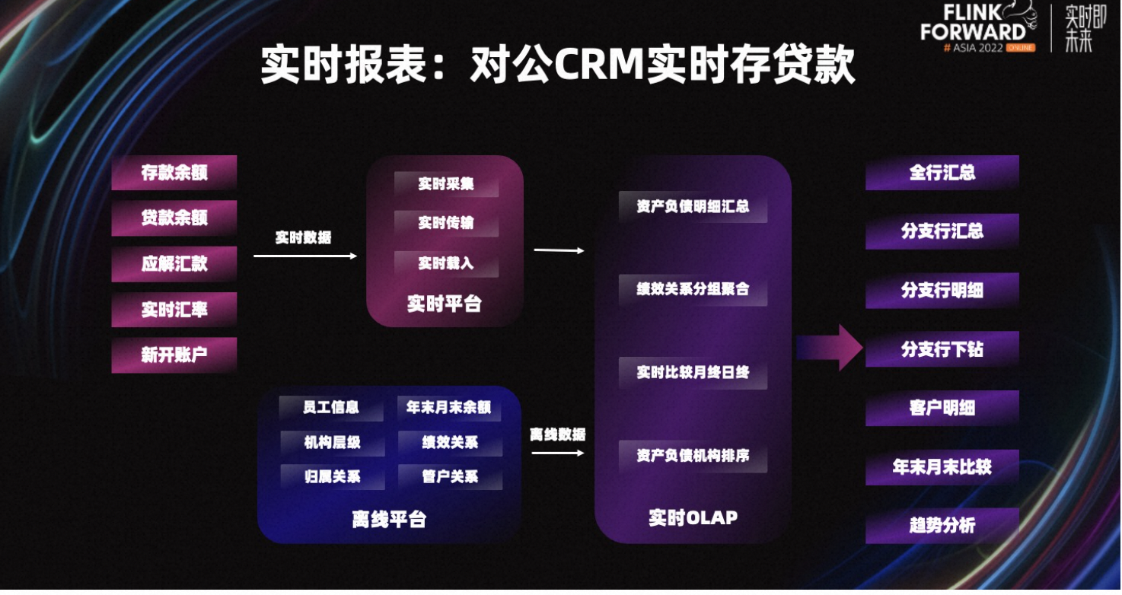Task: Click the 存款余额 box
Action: pyautogui.click(x=174, y=173)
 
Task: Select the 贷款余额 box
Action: pyautogui.click(x=174, y=218)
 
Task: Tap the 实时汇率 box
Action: pyautogui.click(x=174, y=310)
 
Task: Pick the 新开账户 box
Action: pyautogui.click(x=174, y=355)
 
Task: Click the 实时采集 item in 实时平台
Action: pyautogui.click(x=446, y=184)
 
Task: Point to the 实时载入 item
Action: pyautogui.click(x=446, y=263)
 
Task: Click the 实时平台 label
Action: pyautogui.click(x=445, y=304)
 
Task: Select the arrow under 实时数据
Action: pyautogui.click(x=305, y=256)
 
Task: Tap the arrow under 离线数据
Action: pyautogui.click(x=558, y=453)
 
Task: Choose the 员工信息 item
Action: pyautogui.click(x=331, y=408)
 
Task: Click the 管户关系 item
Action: pyautogui.click(x=450, y=477)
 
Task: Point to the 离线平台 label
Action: pyautogui.click(x=389, y=520)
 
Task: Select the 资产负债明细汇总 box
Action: pyautogui.click(x=693, y=206)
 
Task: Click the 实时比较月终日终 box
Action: pyautogui.click(x=693, y=373)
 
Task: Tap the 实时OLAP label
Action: pyautogui.click(x=693, y=517)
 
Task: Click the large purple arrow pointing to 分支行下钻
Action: pyautogui.click(x=829, y=348)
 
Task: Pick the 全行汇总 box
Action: pyautogui.click(x=942, y=173)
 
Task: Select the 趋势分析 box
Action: pyautogui.click(x=942, y=526)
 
